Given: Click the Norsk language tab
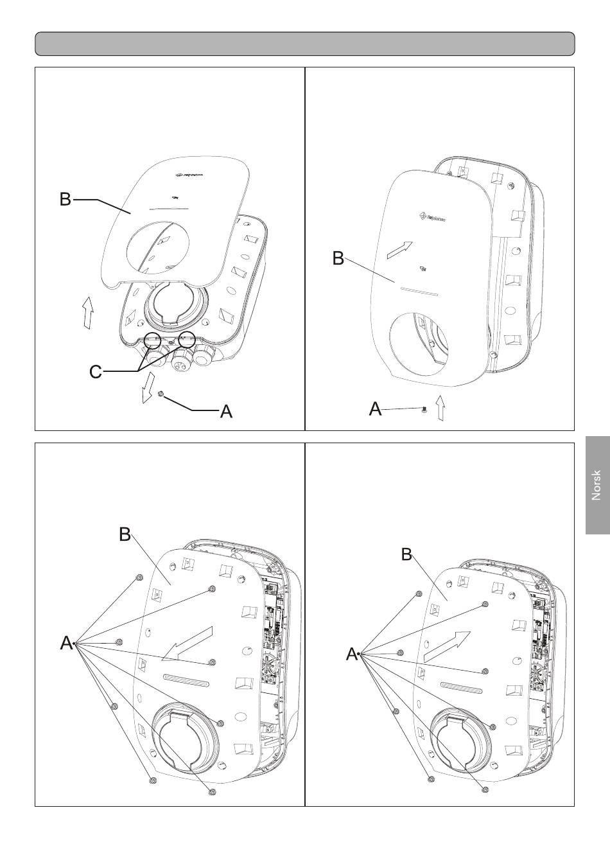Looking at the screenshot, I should [597, 486].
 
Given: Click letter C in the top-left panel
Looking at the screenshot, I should [95, 371].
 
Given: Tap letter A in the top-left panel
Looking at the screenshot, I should [226, 412].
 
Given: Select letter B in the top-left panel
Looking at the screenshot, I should [65, 199].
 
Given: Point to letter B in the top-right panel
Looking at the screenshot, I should [338, 259].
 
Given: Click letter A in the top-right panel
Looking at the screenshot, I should [376, 409].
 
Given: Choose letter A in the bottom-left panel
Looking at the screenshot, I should [66, 642].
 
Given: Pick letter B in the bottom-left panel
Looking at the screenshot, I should [125, 534].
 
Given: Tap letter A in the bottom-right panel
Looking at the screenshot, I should [351, 655].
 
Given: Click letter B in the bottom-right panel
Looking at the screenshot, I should [406, 554].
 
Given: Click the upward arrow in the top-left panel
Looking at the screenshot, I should [88, 312].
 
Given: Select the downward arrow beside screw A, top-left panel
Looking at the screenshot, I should [147, 387].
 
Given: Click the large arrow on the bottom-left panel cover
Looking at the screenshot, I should [187, 644].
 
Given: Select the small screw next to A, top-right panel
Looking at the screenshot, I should [424, 409].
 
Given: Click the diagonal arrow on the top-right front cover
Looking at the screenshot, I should [397, 249].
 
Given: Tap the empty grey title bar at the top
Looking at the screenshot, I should [304, 44].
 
